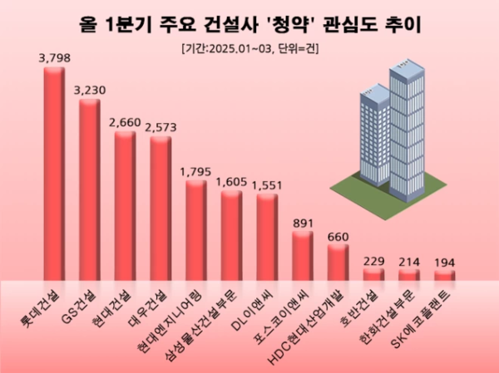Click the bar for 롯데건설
[54, 174]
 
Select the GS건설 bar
[90, 191]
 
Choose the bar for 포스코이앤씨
[303, 257]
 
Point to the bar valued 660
[338, 263]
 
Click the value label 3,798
[54, 58]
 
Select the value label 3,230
[90, 90]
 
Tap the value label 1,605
[231, 181]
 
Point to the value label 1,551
[267, 184]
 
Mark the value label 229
[373, 262]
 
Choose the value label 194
[444, 263]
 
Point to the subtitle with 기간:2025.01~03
[249, 48]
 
